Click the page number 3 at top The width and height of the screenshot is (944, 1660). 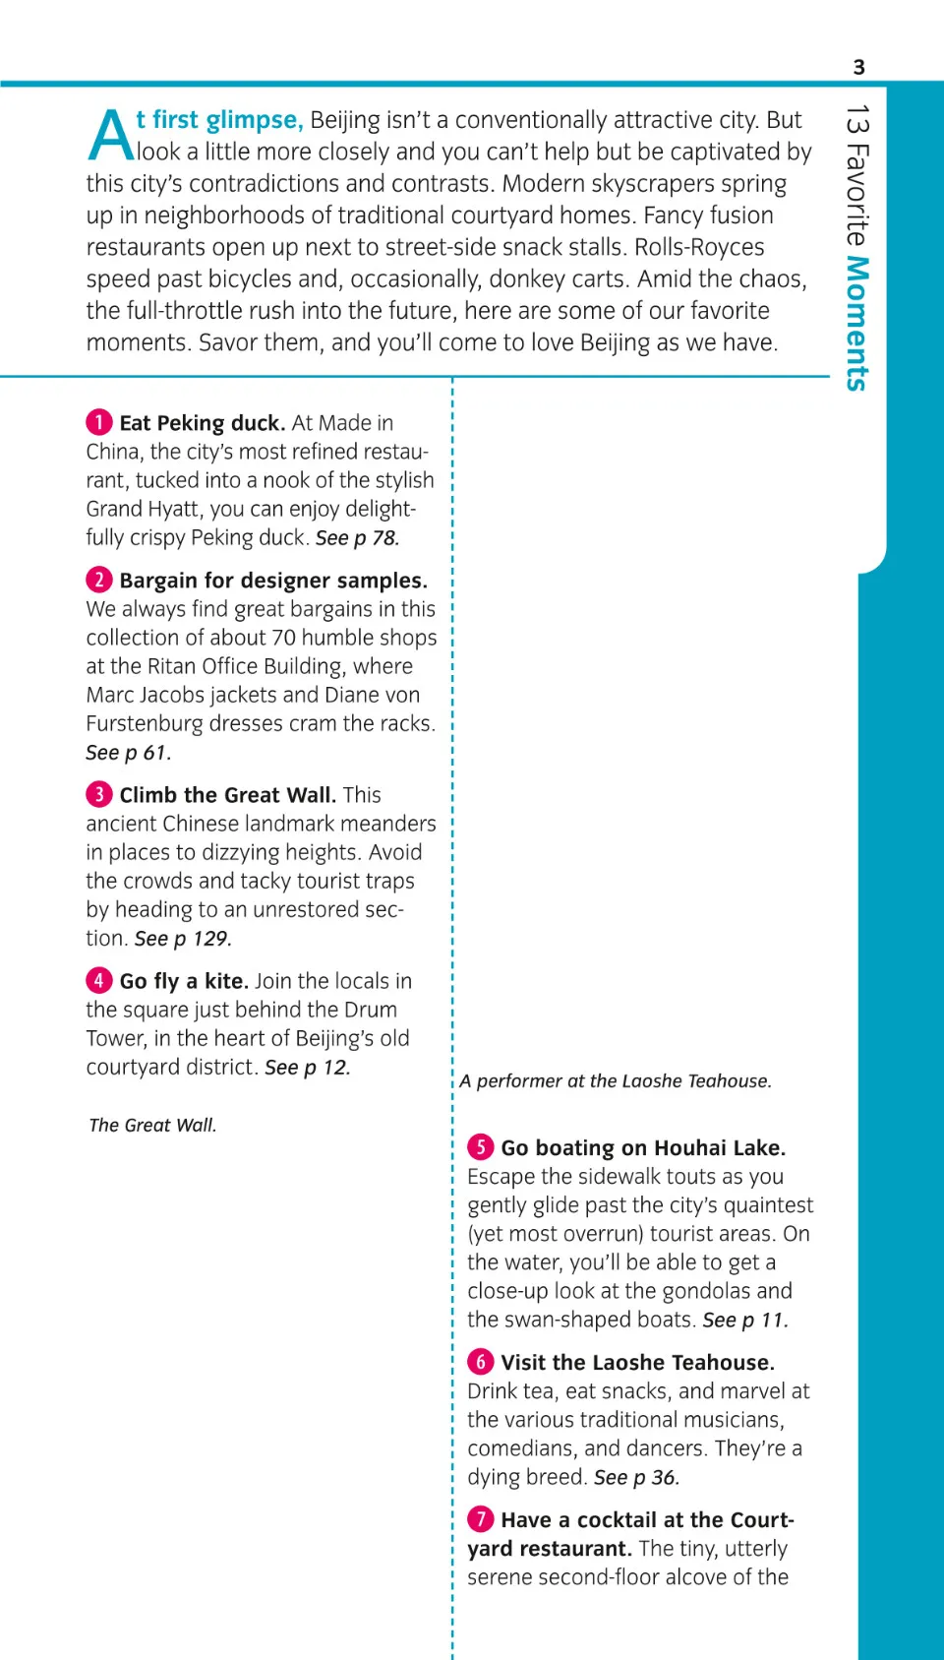(858, 67)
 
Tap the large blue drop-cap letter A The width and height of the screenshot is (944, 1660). (110, 136)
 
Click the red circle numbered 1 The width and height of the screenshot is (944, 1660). (98, 422)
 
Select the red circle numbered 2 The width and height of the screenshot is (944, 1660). (98, 580)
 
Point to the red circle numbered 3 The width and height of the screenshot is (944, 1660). (98, 794)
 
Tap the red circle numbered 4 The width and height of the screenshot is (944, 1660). (98, 980)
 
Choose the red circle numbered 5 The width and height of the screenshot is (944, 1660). (480, 1146)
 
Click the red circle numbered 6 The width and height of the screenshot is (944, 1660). (480, 1361)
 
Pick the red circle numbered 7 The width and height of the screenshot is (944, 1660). (480, 1518)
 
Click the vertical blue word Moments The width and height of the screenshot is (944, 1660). (857, 324)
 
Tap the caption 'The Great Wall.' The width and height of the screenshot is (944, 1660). (152, 1125)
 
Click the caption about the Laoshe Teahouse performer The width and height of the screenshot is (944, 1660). (616, 1080)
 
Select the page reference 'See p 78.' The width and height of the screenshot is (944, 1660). (357, 537)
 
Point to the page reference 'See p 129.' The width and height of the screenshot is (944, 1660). (183, 938)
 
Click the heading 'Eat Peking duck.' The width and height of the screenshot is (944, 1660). (203, 423)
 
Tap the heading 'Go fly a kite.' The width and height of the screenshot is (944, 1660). (184, 981)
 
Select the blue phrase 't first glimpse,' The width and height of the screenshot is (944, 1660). (219, 120)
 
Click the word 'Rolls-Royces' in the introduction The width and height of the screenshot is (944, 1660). (699, 247)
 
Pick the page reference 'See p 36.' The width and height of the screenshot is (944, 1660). (636, 1477)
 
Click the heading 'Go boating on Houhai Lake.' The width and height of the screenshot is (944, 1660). (643, 1147)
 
